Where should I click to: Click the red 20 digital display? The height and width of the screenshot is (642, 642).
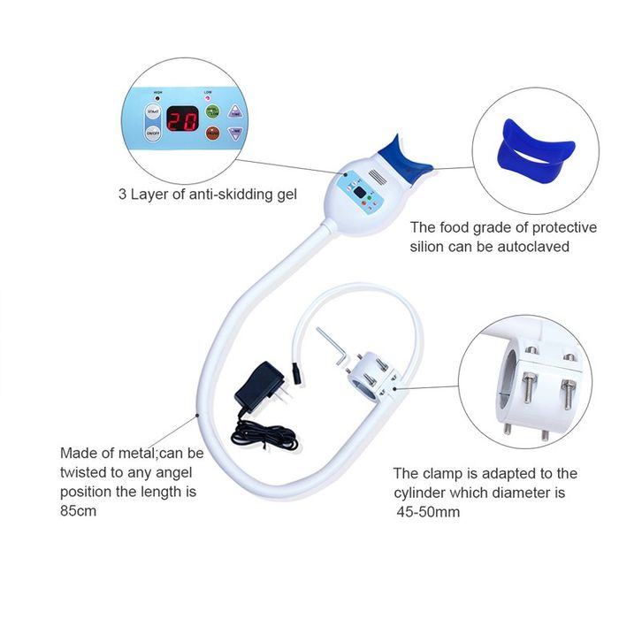(x=183, y=120)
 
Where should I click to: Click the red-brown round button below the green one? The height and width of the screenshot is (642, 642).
(x=213, y=134)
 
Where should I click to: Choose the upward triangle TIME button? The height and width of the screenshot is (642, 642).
(x=235, y=111)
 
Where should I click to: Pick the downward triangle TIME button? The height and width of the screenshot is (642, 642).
(x=235, y=134)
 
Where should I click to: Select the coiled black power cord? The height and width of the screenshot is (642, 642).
(x=265, y=433)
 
